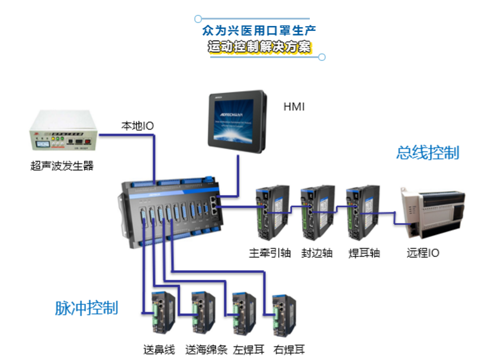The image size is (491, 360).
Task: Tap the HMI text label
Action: point(294,107)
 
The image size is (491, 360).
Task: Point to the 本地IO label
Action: point(137,126)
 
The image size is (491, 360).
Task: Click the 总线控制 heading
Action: point(428,153)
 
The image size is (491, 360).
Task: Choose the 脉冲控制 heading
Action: point(86,308)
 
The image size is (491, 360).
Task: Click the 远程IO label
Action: point(423,253)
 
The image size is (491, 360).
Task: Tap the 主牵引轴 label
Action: point(269,253)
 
